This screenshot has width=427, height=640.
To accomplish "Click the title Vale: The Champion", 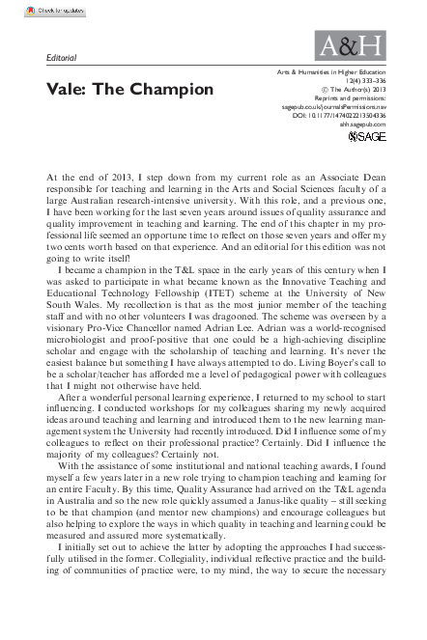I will point(116,89).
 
